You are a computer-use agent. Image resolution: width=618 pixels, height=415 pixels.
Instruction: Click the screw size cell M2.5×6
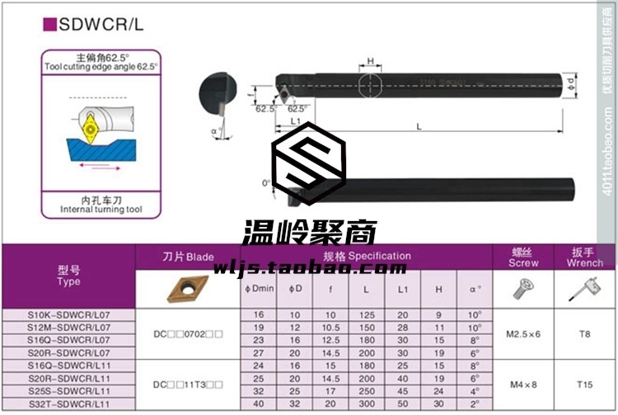[523, 334]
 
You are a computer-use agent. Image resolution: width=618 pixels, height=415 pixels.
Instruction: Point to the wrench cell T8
[585, 334]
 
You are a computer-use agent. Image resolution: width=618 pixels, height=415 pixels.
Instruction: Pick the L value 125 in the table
[365, 315]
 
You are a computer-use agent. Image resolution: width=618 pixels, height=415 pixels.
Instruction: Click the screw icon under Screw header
[522, 288]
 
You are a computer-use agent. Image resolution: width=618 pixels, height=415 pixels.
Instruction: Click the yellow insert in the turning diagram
[89, 129]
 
